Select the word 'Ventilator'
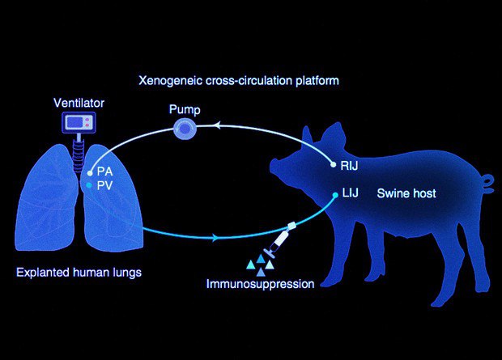(79, 103)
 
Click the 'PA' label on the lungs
(104, 172)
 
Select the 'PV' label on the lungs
(104, 186)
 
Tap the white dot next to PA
(91, 172)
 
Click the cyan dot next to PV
(91, 186)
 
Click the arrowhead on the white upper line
(216, 124)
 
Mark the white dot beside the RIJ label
(333, 164)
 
